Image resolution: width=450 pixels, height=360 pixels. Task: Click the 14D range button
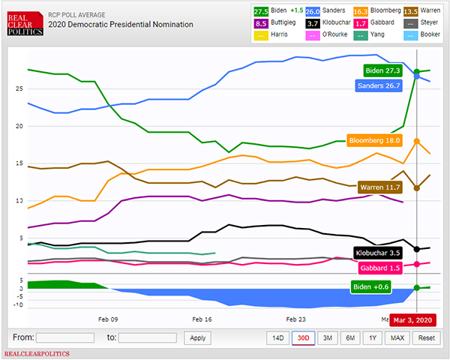point(278,337)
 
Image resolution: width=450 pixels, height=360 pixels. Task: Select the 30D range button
point(303,337)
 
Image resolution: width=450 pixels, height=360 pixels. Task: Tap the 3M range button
point(327,337)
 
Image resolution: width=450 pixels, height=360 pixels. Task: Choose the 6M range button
point(350,337)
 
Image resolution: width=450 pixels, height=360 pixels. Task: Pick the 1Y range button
point(373,337)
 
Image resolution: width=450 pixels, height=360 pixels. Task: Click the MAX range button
point(397,337)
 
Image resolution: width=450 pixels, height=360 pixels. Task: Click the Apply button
point(197,337)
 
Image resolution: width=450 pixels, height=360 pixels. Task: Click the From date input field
point(64,337)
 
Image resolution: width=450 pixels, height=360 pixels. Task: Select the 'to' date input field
point(147,337)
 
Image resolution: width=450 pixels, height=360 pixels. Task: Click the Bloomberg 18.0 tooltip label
point(375,140)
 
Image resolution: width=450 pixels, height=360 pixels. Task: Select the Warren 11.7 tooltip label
point(381,187)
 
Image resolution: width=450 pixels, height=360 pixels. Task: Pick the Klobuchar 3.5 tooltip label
point(377,253)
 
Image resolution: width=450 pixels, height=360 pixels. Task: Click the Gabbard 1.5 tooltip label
point(379,268)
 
